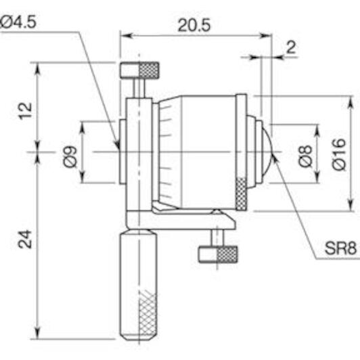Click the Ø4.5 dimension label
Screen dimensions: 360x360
tap(18, 22)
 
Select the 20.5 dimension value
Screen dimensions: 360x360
tap(194, 25)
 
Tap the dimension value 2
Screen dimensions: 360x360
tap(292, 47)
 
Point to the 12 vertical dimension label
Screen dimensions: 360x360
tap(25, 111)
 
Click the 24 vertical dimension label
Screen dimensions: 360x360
tap(25, 239)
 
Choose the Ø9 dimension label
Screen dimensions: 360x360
tap(70, 156)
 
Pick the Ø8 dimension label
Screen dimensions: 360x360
tap(306, 156)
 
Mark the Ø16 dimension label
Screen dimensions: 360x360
tap(339, 154)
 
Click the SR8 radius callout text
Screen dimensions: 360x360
tap(340, 248)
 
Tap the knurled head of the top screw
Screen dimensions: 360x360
tap(149, 70)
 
